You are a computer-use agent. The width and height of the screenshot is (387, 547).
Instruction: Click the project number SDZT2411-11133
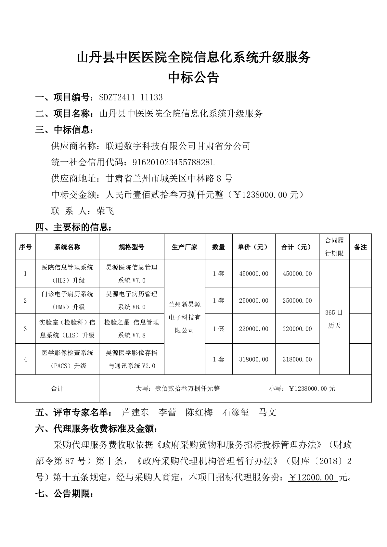tap(131, 97)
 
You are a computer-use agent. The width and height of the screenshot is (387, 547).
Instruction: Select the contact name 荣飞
tap(105, 211)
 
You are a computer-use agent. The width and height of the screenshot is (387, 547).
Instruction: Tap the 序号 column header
tap(25, 247)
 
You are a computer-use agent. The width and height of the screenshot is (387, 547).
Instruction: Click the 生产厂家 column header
tap(185, 247)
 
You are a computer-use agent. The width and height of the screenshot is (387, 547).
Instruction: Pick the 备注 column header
tap(360, 247)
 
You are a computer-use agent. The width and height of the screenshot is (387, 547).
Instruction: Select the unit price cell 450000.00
tap(253, 274)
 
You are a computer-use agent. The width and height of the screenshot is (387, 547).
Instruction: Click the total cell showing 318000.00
tap(297, 359)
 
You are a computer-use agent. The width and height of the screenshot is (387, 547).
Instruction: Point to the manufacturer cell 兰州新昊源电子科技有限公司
tap(185, 317)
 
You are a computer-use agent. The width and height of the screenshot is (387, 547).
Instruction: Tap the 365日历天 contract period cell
tap(334, 319)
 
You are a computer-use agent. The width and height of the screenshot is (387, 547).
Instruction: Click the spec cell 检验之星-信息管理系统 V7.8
tap(132, 329)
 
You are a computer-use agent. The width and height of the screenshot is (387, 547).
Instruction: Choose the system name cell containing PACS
tap(67, 359)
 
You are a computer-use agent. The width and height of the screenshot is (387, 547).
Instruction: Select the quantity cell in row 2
tap(218, 301)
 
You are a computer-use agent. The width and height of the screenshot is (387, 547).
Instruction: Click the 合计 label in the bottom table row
tap(57, 388)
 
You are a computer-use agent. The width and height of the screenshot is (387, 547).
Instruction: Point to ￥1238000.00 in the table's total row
tap(312, 388)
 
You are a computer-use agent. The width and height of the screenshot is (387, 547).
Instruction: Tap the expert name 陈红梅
tap(199, 413)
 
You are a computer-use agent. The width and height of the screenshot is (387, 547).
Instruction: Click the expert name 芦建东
tap(135, 413)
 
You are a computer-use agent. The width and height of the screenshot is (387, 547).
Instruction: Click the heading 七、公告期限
tap(64, 494)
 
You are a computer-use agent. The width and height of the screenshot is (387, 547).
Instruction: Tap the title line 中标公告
tap(193, 78)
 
